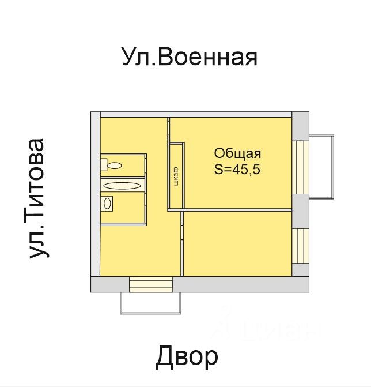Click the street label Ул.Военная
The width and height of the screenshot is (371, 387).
pos(188,58)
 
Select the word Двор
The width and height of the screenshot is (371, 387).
pos(187,357)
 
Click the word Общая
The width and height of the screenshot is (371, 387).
pos(237,153)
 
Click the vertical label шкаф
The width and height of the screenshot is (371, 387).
pos(176,176)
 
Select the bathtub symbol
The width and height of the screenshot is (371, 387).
pos(122,186)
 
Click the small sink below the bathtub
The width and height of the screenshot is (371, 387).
pos(107,203)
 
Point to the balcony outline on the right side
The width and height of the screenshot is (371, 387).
pos(321,166)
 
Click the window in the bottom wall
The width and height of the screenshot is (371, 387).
pos(151,284)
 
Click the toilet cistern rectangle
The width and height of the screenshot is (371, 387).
pos(104,165)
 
